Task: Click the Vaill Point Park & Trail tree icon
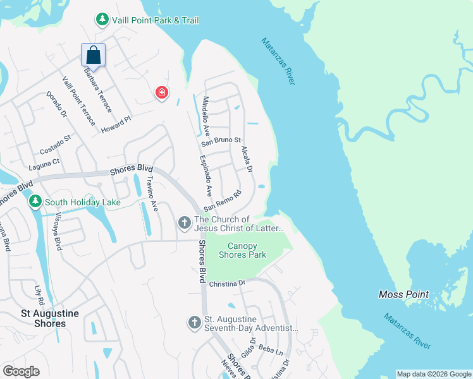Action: coord(102,20)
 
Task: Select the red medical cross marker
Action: coord(162,93)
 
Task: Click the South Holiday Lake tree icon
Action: coord(35,202)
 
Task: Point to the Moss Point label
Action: coord(403,294)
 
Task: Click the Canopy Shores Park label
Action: coord(242,250)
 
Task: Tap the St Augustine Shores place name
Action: coord(43,318)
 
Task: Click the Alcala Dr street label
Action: coord(247,160)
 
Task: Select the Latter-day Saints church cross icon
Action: coord(184,222)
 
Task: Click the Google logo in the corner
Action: coord(21,371)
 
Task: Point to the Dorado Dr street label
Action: coord(56,105)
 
